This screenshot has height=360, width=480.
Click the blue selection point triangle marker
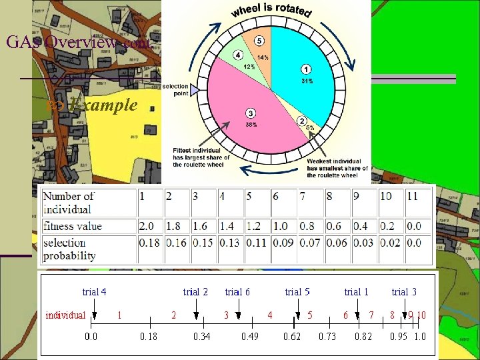pos(195,89)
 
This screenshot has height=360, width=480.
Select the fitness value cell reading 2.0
pos(148,226)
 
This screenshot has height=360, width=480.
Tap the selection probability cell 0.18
pos(149,243)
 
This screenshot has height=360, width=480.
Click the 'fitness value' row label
pos(73,226)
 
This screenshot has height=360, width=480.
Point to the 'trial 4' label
pos(94,291)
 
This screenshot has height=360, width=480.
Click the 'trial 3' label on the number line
pos(404,291)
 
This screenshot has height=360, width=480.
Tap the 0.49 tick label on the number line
pos(250,336)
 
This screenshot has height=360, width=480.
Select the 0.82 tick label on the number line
pos(363,336)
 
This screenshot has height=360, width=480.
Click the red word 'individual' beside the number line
pos(65,315)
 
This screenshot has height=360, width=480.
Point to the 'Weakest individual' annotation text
pos(333,161)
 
